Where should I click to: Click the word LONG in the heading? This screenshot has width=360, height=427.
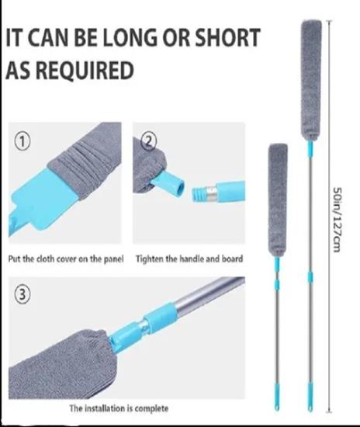[x=130, y=37]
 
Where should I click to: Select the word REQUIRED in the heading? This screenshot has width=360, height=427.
[x=85, y=70]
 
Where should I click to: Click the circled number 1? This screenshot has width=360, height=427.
[x=22, y=142]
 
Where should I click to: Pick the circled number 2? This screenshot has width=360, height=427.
[x=147, y=142]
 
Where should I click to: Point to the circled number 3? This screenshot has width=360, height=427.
[x=22, y=295]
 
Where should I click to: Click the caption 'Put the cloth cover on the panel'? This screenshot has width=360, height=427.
[x=66, y=259]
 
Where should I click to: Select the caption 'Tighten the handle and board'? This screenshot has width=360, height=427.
[x=189, y=259]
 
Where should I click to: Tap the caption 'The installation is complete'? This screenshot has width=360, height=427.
[x=119, y=408]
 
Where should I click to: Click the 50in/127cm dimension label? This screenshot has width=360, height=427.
[x=337, y=220]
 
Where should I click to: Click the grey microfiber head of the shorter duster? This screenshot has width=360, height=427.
[x=278, y=200]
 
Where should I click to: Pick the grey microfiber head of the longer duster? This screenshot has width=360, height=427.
[x=311, y=80]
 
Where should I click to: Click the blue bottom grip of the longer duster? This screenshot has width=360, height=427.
[x=310, y=396]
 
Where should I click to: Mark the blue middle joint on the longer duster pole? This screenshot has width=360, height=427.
[x=310, y=277]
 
